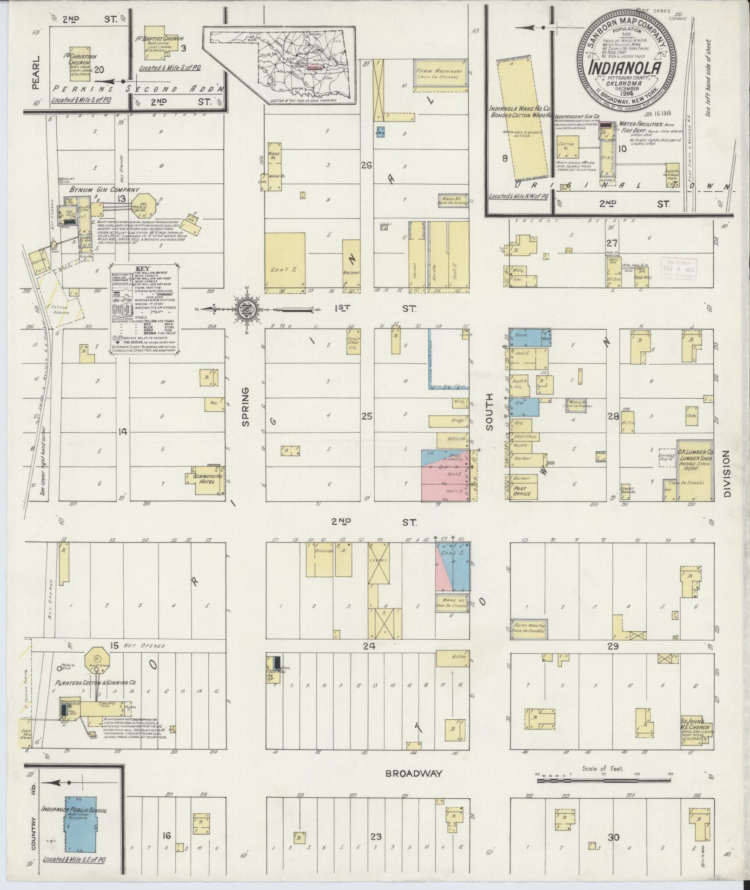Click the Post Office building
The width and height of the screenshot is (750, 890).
523,490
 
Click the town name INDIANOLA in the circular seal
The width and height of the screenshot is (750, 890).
625,68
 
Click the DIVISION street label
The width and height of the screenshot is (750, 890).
727,474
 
